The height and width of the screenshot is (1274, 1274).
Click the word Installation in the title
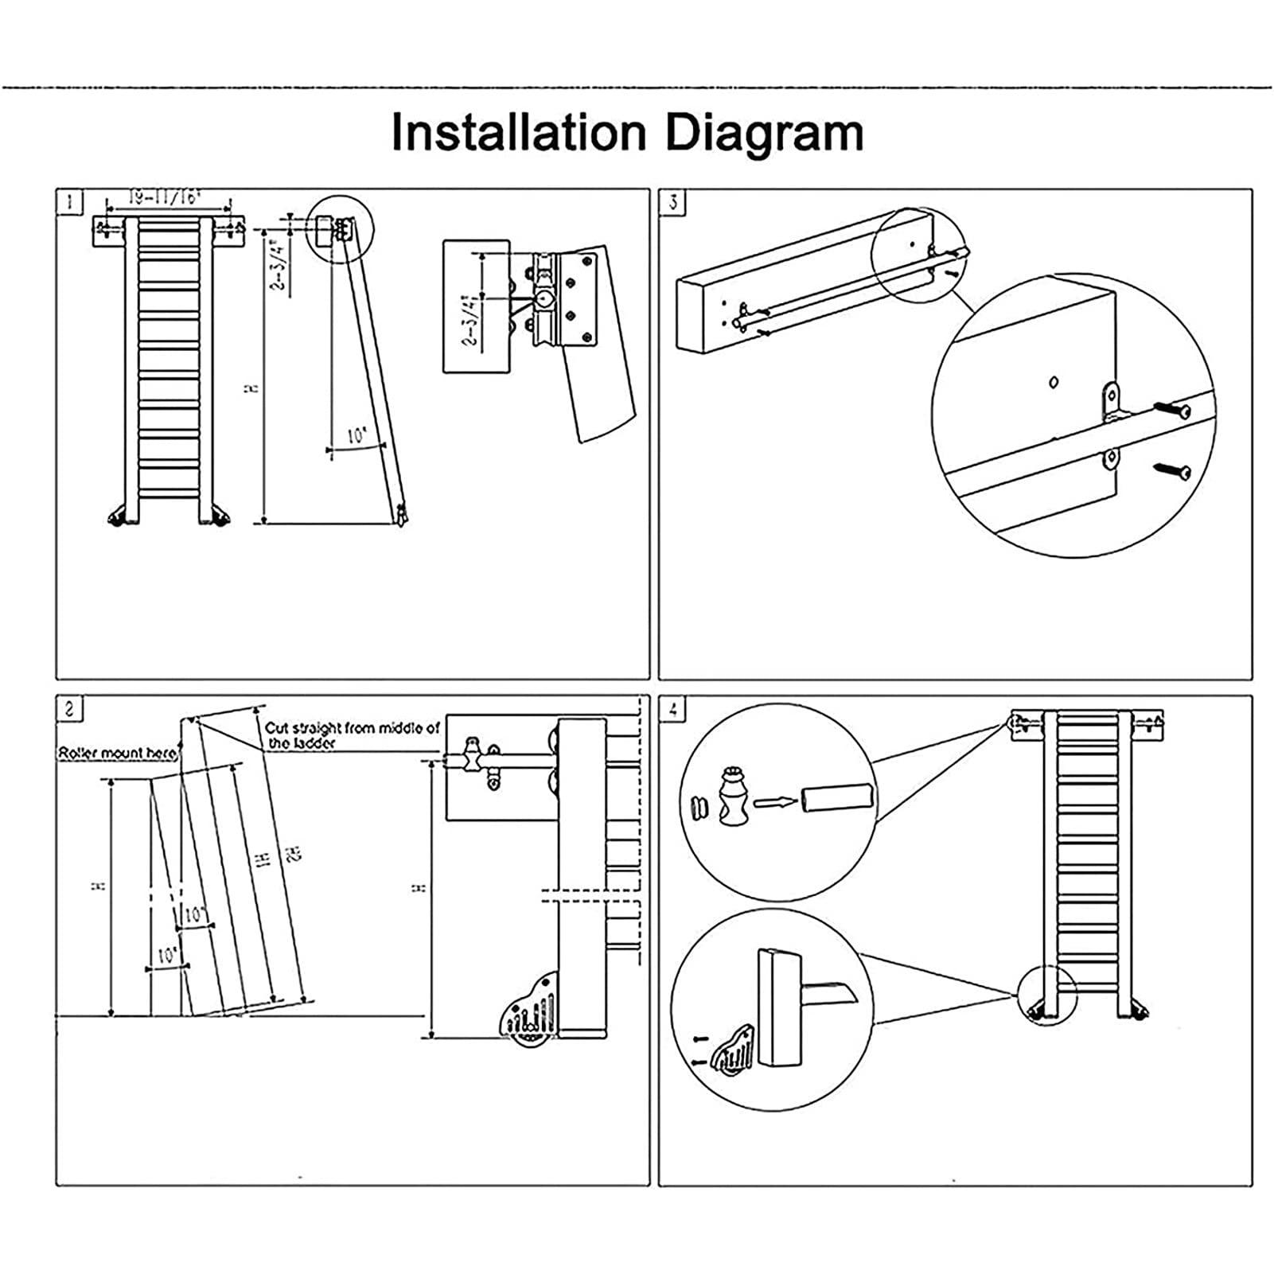pyautogui.click(x=518, y=133)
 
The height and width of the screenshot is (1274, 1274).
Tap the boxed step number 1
pyautogui.click(x=69, y=202)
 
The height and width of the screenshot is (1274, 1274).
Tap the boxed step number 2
pyautogui.click(x=69, y=708)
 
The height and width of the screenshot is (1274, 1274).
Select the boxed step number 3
pyautogui.click(x=673, y=202)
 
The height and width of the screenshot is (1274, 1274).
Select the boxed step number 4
pyautogui.click(x=673, y=708)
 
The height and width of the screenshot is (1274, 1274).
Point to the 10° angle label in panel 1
pyautogui.click(x=356, y=435)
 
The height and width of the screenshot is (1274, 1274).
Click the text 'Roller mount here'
pyautogui.click(x=118, y=753)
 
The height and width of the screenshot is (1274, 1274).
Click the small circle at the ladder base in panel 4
pyautogui.click(x=1046, y=995)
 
